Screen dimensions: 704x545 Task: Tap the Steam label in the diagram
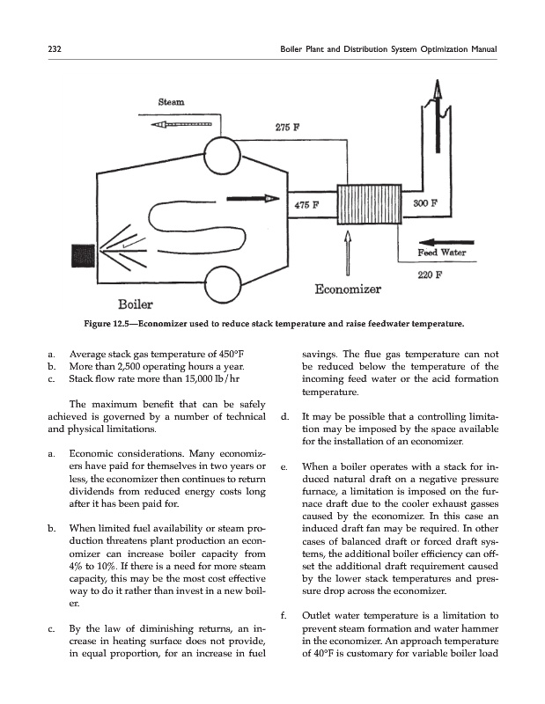171,103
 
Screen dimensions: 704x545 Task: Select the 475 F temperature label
306,205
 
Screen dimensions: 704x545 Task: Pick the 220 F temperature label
428,274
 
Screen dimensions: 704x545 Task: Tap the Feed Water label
441,253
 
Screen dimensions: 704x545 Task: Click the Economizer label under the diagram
347,289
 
